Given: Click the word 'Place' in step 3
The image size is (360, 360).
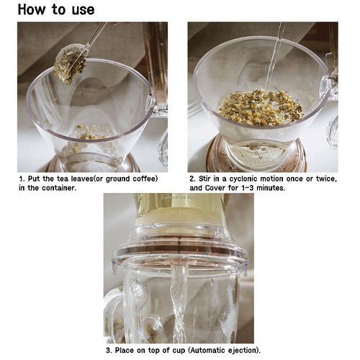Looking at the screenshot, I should click(x=127, y=351).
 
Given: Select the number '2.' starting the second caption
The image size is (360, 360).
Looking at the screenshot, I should click(x=192, y=179).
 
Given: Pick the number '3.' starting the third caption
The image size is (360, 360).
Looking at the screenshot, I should click(x=109, y=351).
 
